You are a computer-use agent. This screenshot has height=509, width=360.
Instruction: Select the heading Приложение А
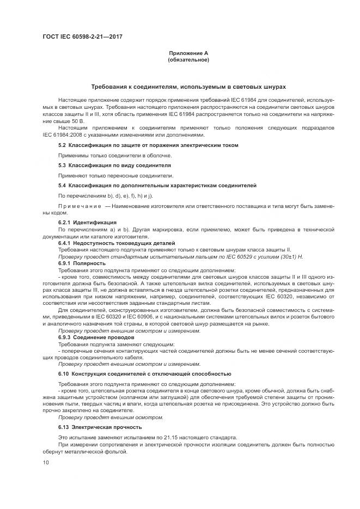[x=188, y=53]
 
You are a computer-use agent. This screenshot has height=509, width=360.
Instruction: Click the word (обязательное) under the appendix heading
[x=188, y=59]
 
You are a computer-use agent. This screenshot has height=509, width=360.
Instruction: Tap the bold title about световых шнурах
[x=188, y=87]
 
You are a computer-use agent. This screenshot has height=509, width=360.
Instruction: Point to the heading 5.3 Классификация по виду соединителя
[x=114, y=165]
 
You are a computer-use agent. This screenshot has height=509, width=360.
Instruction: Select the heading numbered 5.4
[x=157, y=185]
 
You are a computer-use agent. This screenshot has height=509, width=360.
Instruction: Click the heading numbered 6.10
[x=144, y=374]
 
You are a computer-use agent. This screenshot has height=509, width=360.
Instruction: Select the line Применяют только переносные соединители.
[x=115, y=175]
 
